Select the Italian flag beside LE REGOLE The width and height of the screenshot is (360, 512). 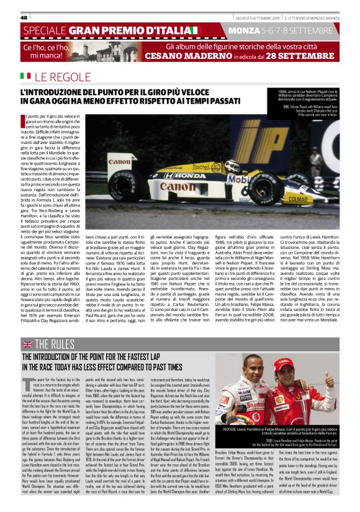pos(25,76)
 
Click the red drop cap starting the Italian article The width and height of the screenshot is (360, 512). pos(24,120)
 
